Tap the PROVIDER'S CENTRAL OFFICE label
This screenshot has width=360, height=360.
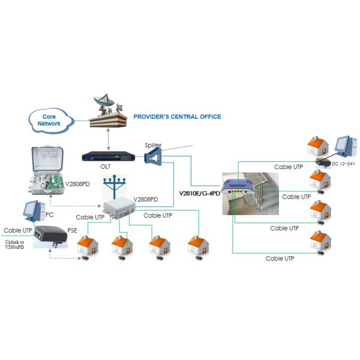click(x=176, y=116)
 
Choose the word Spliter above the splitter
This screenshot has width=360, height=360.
click(x=154, y=145)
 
